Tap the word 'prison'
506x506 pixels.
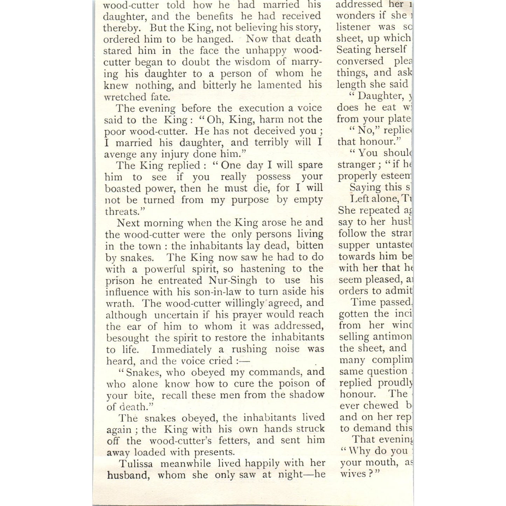pos(120,280)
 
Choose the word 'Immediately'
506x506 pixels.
pos(182,349)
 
